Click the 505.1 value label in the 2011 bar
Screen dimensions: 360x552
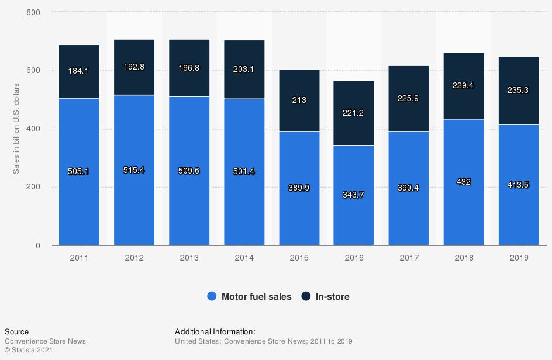point(79,172)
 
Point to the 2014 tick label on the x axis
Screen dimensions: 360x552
point(244,258)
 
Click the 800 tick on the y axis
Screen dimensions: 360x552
point(33,12)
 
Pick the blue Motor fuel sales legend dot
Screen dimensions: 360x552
point(212,297)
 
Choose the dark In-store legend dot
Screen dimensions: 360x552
point(306,297)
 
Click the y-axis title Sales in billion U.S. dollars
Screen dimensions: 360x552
point(17,129)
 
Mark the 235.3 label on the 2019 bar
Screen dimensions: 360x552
point(519,91)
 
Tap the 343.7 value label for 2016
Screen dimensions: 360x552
point(354,195)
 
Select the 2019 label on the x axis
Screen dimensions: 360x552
point(519,258)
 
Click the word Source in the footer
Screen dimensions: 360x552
point(16,332)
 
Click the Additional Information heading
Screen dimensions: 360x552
point(215,332)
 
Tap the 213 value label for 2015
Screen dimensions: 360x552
point(299,100)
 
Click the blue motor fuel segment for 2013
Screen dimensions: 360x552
point(189,199)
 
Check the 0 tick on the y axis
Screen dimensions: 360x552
point(37,245)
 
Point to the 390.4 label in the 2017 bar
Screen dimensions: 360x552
point(409,188)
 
